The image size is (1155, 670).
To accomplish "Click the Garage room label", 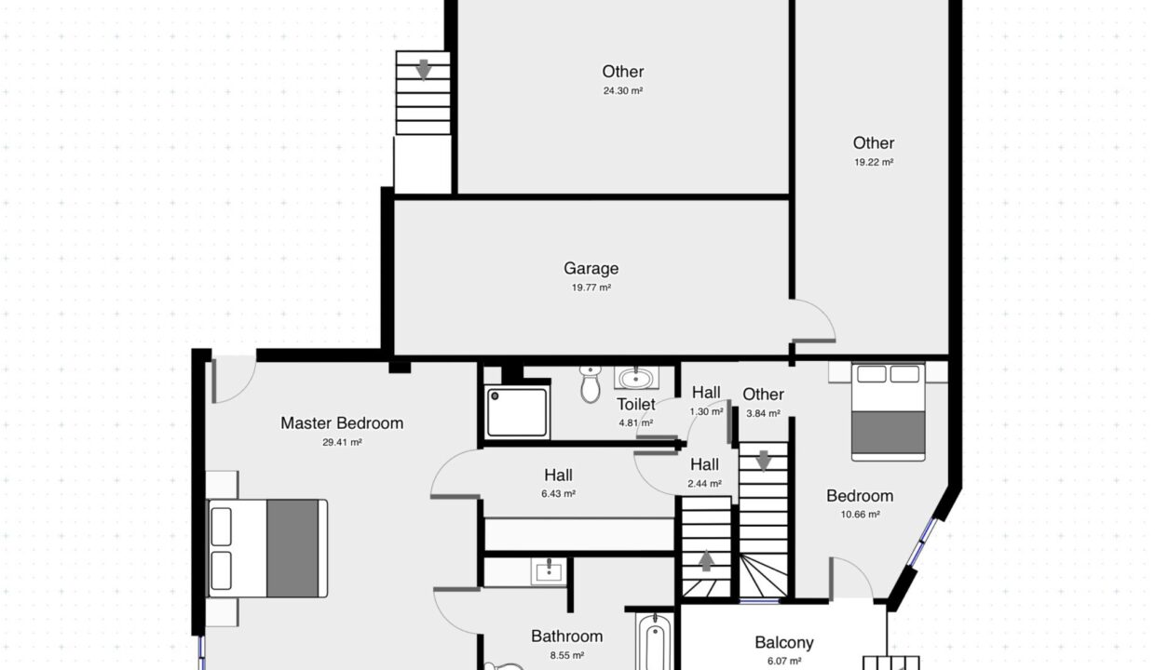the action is point(591,268).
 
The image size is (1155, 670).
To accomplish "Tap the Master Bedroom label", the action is point(342,423).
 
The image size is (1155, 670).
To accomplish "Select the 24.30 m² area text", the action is point(623,91).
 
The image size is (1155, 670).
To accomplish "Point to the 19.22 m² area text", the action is point(874,162).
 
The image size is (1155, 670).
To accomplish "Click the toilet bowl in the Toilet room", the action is point(591,384).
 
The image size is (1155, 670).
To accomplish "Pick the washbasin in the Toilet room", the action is point(636,378).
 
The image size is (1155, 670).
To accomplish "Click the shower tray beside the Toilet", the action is point(517,412).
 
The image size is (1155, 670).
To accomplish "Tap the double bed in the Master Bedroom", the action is point(267,548).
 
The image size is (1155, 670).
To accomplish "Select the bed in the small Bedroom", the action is point(888,412).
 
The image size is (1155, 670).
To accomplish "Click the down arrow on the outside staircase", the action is point(423,70).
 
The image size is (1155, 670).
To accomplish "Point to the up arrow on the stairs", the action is point(706,561).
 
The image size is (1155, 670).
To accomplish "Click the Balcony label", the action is point(783,643).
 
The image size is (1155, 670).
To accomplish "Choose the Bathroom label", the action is point(566,636).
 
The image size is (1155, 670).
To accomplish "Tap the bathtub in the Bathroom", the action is point(655,642).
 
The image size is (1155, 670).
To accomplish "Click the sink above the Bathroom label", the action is point(549,571).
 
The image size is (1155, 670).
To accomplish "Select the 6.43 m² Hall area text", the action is point(558,494).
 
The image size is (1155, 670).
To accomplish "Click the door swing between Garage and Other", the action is point(814,320).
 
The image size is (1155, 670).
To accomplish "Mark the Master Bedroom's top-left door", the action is point(234,379).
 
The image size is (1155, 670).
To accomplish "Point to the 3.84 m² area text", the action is point(763,413).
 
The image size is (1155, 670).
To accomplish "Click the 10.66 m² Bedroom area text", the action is point(860,515).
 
